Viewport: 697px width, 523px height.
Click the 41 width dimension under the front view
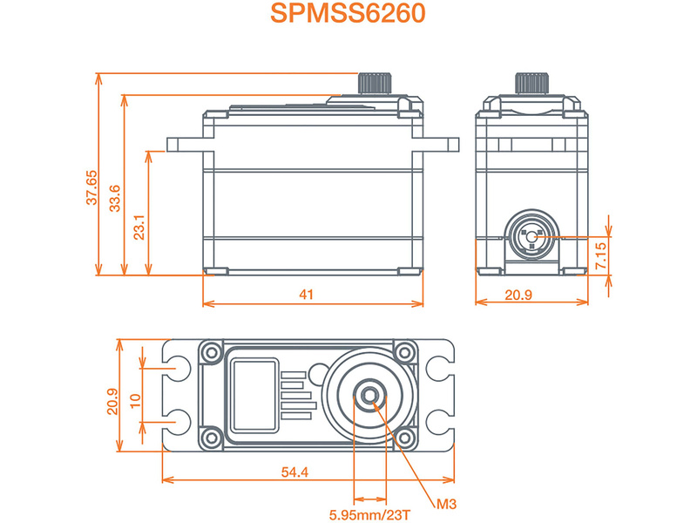click(x=306, y=295)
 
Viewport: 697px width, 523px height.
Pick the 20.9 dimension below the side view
click(x=518, y=295)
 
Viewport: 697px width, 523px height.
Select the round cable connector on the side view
click(x=531, y=236)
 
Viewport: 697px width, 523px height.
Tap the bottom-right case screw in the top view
click(x=404, y=436)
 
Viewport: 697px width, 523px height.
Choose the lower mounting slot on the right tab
click(x=441, y=422)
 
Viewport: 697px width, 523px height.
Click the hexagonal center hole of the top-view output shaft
click(x=371, y=397)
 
